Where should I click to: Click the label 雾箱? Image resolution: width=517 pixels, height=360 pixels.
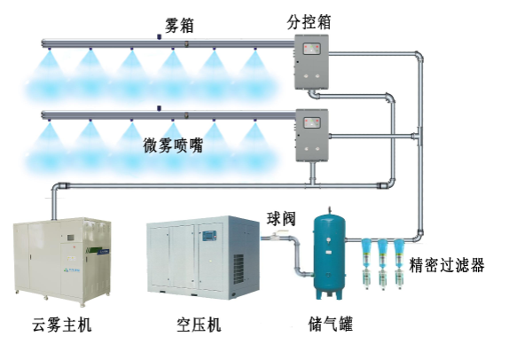coord(179,26)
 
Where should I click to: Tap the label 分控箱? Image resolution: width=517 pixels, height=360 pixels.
coord(309,22)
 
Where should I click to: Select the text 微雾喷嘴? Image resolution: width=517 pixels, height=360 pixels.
coord(173,145)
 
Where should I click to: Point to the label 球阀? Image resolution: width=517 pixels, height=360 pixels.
coord(281,218)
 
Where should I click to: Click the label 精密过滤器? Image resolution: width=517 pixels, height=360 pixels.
coord(447,265)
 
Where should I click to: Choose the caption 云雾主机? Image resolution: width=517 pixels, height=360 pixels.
coord(62,325)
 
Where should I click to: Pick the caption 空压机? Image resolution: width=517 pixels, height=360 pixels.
coord(199,325)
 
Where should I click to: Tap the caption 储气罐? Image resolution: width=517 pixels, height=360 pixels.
coord(331,324)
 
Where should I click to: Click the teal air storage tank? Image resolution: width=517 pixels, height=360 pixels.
coord(329,254)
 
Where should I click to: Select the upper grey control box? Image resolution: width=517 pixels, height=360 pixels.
coord(311,62)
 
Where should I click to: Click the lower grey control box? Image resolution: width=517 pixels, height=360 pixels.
coord(311,135)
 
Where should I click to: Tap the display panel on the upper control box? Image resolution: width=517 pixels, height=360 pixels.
coord(311,49)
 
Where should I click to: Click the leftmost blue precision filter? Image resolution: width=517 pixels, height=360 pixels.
coord(366,263)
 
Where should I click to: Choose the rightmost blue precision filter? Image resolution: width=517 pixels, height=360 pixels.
coord(399,263)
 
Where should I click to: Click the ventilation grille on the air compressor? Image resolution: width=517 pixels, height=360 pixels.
coord(239,269)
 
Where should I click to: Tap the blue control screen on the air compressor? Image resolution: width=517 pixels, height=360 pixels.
coord(209,235)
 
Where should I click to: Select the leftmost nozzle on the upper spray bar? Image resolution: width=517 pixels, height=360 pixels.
coord(49,50)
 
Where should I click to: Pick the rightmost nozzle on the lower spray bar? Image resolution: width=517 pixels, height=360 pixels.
coord(255,121)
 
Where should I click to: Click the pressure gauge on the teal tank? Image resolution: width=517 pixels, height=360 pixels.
coord(328,240)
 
